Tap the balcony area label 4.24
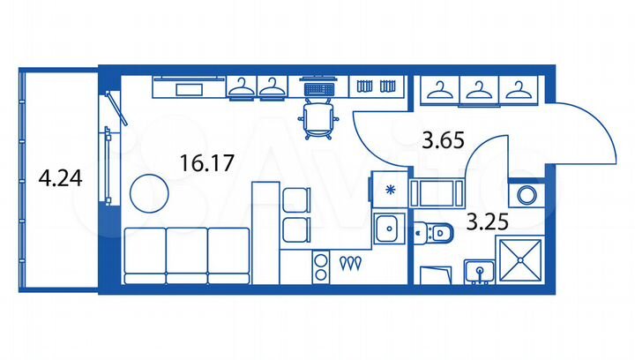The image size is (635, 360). (60, 179)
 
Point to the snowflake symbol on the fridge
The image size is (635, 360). (388, 189)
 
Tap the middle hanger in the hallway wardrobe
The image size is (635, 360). (477, 88)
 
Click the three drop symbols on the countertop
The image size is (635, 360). (351, 262)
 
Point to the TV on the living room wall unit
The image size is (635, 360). (189, 88)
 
